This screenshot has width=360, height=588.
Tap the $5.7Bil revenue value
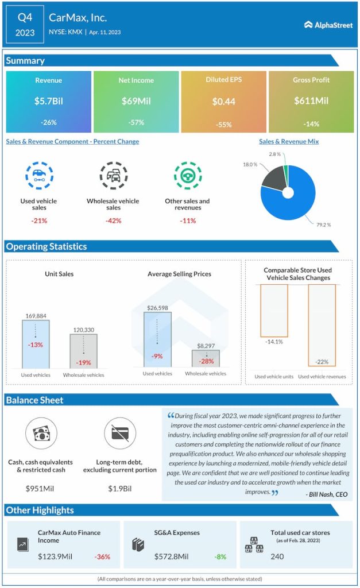point(48,101)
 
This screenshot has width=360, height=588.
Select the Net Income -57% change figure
point(136,122)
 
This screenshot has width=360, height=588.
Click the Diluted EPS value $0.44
point(223,102)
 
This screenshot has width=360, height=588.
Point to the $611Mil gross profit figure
point(311,101)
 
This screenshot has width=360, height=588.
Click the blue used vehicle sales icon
point(39,176)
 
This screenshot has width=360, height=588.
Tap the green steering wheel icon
point(187,176)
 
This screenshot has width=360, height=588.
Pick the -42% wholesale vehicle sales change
point(113,220)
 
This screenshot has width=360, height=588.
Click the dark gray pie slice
point(271,185)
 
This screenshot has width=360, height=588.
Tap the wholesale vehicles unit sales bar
point(83,351)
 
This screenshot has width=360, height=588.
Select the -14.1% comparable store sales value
point(274,343)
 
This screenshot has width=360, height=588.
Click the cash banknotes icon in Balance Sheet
point(40,434)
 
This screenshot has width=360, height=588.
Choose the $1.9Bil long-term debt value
point(120,489)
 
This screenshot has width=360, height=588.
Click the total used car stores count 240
point(277,556)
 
